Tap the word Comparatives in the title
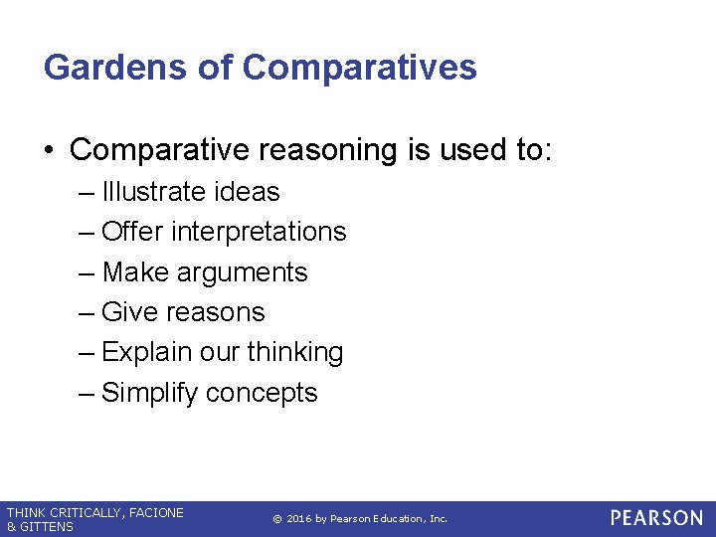(359, 68)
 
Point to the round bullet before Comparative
(49, 150)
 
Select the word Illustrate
(156, 191)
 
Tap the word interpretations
(259, 232)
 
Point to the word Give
(130, 312)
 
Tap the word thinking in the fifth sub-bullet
(295, 352)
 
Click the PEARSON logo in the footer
(656, 518)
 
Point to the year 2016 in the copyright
(302, 519)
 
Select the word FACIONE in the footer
(156, 512)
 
